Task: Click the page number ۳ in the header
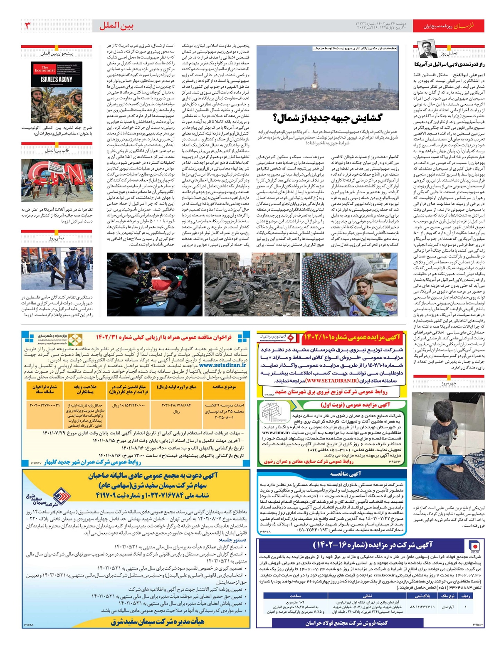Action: coord(27,26)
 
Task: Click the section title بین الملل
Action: coord(116,26)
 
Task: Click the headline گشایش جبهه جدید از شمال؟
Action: coord(327,118)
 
